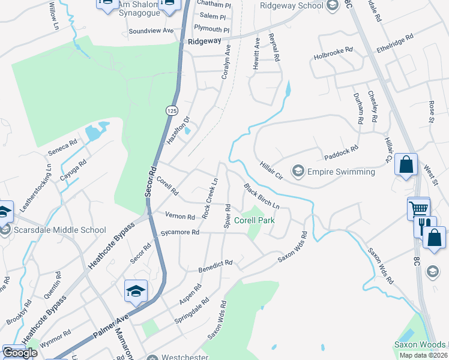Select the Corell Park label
255,220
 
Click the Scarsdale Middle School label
59,230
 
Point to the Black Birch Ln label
262,196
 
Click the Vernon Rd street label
181,217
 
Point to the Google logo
19,353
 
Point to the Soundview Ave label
151,30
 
